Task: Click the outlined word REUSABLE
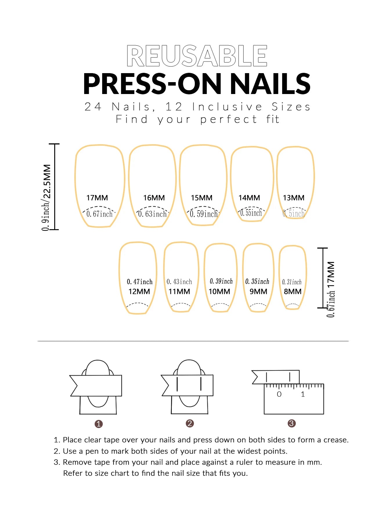[x=197, y=56]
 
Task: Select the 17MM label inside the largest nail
[x=97, y=198]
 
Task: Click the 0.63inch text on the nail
[x=153, y=214]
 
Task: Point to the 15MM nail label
[x=201, y=198]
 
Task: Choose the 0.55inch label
[x=251, y=213]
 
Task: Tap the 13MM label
[x=293, y=198]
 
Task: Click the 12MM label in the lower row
[x=139, y=292]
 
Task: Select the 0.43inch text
[x=179, y=282]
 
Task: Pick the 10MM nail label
[x=219, y=292]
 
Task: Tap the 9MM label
[x=258, y=292]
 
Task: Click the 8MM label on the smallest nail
[x=292, y=292]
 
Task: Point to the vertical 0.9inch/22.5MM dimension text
[x=46, y=197]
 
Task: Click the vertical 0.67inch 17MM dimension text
[x=331, y=289]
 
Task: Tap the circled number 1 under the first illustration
[x=99, y=424]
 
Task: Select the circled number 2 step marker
[x=190, y=423]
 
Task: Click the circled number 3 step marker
[x=291, y=423]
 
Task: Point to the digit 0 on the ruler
[x=279, y=394]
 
